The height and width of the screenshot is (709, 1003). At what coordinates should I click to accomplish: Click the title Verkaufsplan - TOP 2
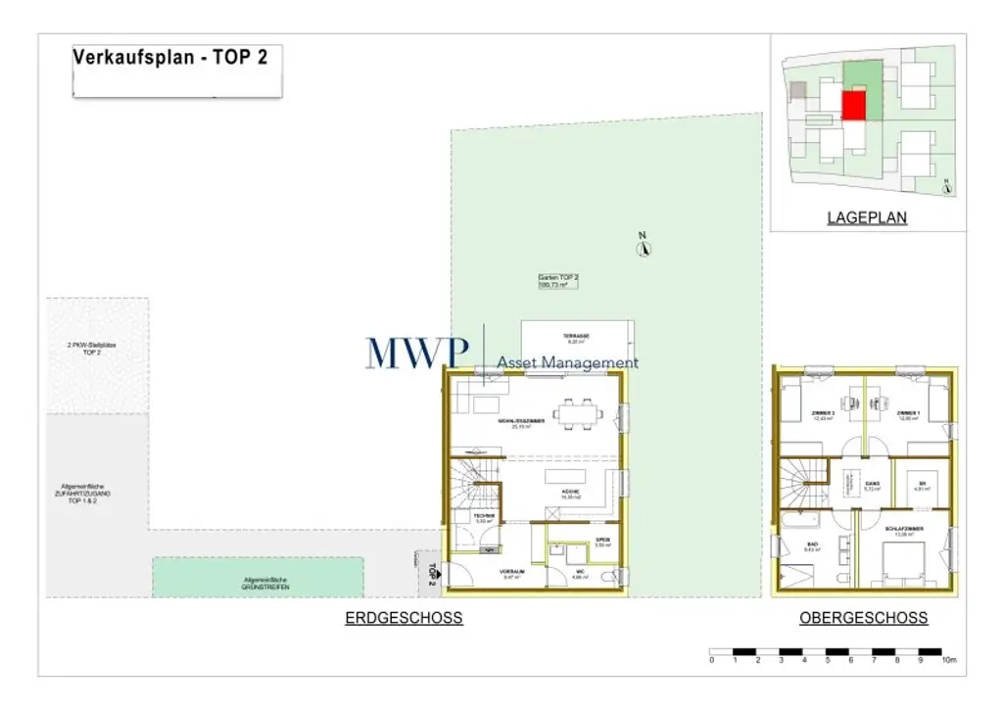pos(170,57)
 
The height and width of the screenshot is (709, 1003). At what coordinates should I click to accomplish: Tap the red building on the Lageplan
pos(854,105)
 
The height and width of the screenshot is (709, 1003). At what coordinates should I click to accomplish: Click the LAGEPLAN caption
pos(867,218)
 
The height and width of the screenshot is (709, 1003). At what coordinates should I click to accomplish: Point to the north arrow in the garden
pos(644,247)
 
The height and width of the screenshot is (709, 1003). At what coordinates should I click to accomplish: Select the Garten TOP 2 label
pos(559,281)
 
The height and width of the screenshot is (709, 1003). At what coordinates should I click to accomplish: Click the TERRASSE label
pos(575,336)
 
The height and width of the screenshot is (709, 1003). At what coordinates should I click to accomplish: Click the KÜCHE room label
pos(571,492)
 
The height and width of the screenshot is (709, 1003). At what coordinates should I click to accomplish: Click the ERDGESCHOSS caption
pos(404,618)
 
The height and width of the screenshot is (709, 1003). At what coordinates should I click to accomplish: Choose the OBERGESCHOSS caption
pos(863,618)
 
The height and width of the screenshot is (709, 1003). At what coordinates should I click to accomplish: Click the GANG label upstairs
pos(872,485)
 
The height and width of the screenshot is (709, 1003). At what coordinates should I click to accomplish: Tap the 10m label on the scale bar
pos(947,662)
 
